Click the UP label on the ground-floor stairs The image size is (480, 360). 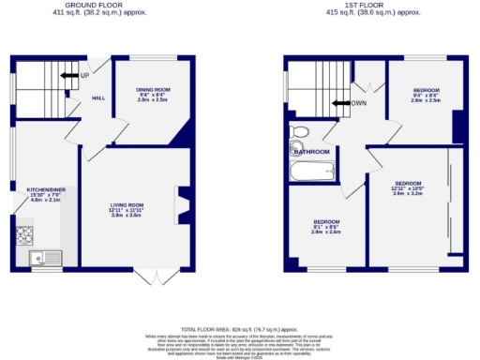pos(84,75)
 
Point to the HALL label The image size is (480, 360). pos(97,98)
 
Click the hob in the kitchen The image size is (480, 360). pos(24,234)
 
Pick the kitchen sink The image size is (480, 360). pos(42,257)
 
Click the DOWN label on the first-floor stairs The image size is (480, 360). pos(357,104)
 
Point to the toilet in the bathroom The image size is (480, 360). pos(300,132)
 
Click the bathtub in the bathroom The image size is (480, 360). pos(313,172)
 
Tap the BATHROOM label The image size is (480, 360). pos(312,152)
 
